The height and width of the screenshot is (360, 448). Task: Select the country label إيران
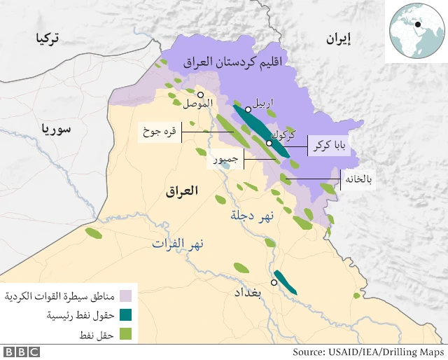(x=339, y=39)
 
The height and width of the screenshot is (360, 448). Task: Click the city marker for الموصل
(x=201, y=95)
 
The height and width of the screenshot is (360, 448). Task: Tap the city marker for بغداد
(x=274, y=282)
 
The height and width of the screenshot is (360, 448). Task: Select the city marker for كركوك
(x=269, y=143)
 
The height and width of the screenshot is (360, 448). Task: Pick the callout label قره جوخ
(x=159, y=130)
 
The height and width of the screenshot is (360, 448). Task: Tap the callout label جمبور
(x=225, y=160)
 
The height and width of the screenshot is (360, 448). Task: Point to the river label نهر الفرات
(x=178, y=244)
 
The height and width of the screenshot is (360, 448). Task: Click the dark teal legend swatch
(x=126, y=315)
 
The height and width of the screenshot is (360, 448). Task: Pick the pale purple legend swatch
(x=126, y=296)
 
